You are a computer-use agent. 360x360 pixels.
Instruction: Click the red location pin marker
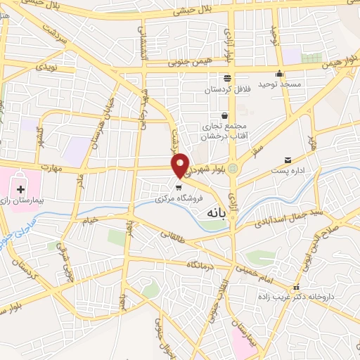(181, 165)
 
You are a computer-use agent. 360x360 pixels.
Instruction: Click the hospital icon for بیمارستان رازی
(20, 189)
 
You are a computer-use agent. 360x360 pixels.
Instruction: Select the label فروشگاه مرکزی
(175, 199)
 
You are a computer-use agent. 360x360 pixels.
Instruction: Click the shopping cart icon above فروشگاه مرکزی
(179, 187)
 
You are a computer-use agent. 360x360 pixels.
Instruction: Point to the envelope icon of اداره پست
(288, 160)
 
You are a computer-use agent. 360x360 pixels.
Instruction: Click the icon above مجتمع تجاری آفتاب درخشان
(224, 115)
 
